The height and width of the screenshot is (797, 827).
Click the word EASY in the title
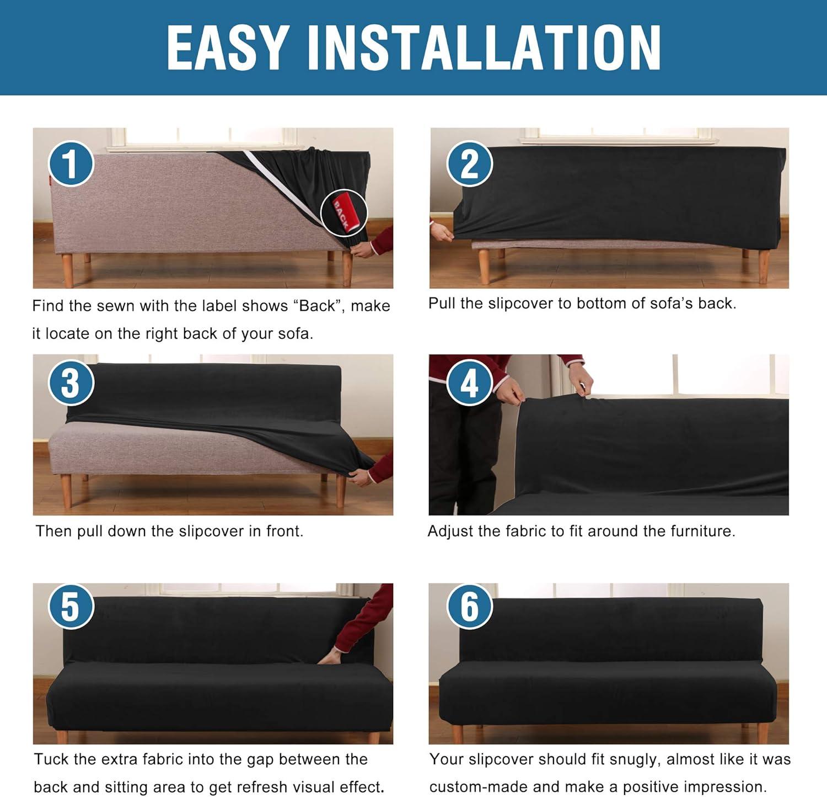coord(228,47)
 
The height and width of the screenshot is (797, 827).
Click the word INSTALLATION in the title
coord(484,47)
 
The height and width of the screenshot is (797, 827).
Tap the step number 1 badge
coord(71,164)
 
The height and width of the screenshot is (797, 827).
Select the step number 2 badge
coord(469,163)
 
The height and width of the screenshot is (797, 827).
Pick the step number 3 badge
coord(71,382)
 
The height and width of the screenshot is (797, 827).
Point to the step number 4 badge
coord(469,382)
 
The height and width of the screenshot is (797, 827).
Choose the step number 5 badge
coord(71,606)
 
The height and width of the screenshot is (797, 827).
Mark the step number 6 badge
coord(469,606)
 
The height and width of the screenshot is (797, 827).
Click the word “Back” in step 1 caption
coord(317,306)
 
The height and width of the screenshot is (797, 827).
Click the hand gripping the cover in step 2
coord(441,232)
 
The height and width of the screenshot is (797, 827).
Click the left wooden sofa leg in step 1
coord(67,270)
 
